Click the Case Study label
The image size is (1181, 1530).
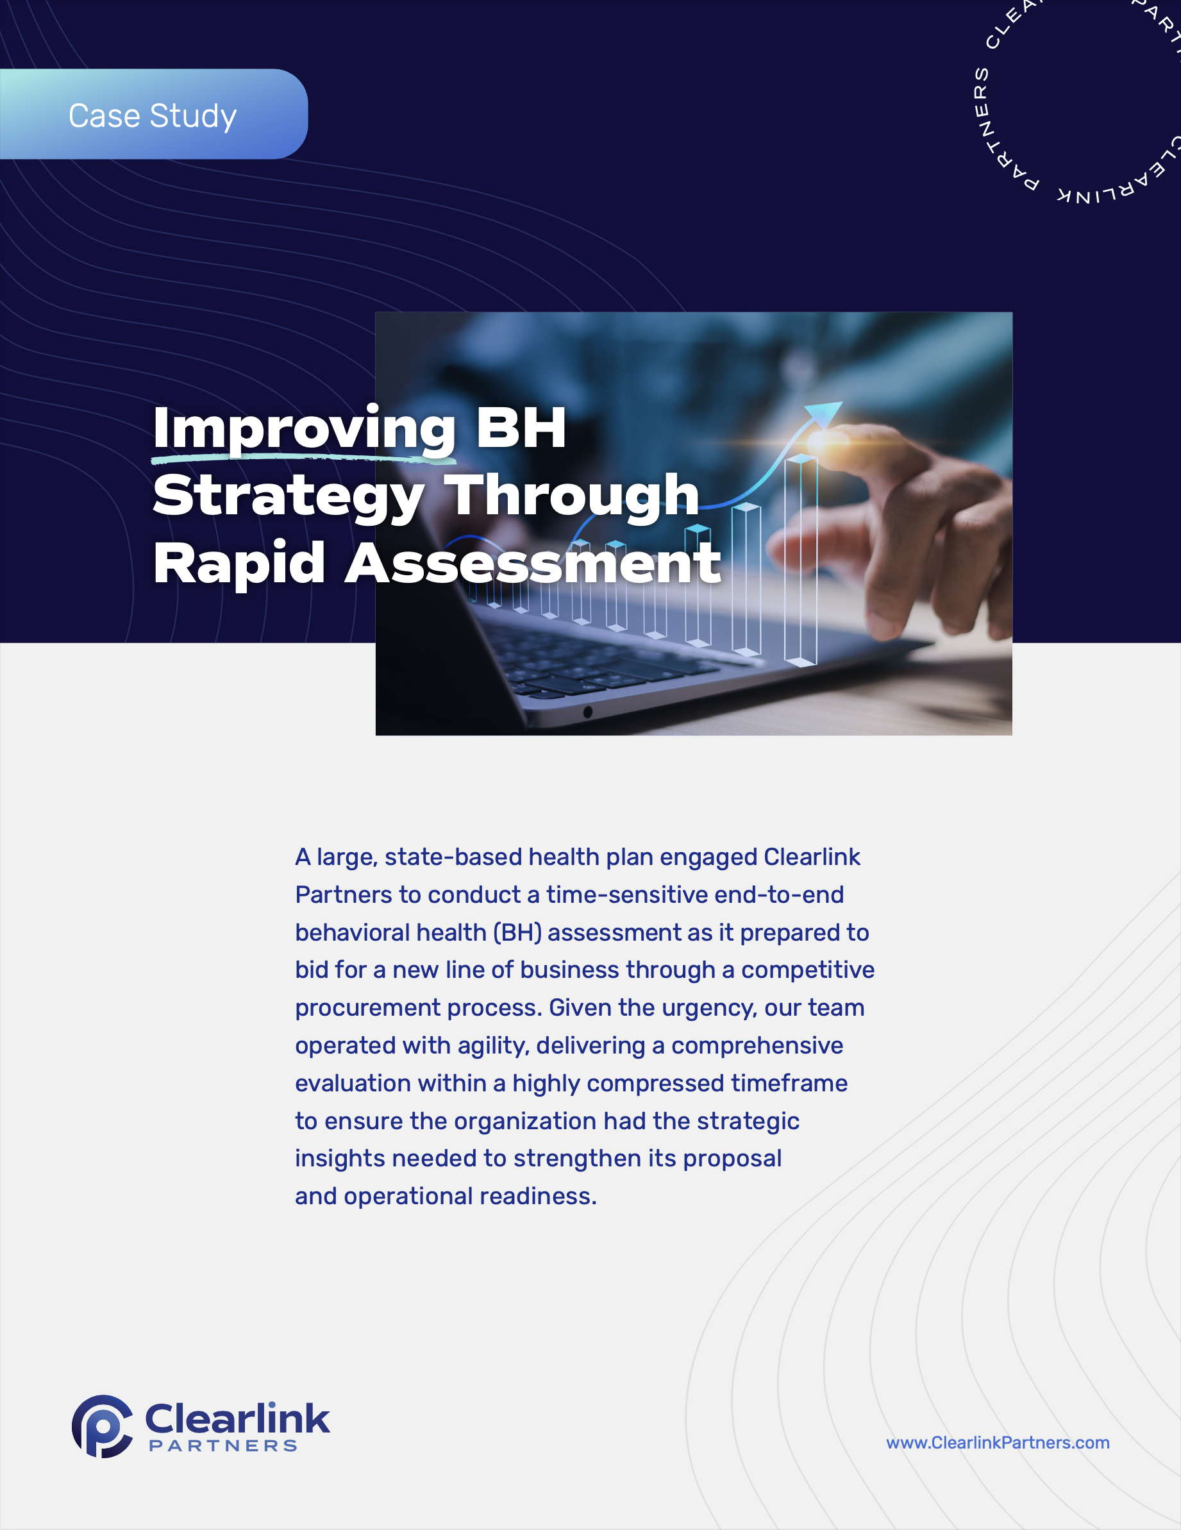coord(153,115)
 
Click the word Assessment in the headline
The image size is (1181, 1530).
coord(532,562)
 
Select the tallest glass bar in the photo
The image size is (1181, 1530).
coord(801,560)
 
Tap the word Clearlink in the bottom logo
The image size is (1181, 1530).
coord(237,1419)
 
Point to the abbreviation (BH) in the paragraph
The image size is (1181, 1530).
coord(517,932)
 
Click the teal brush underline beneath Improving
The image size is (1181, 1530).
coord(301,459)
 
